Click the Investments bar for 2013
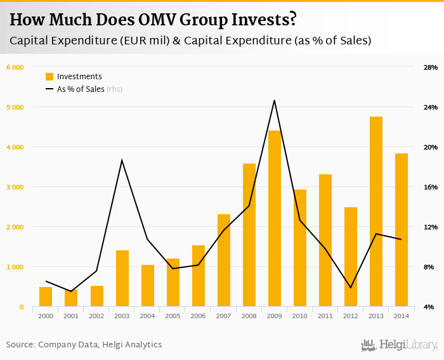pos(376,212)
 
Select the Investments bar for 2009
pos(274,219)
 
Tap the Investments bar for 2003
pos(122,279)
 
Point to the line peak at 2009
pos(274,100)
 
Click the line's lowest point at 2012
pos(351,288)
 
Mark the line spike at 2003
pos(122,160)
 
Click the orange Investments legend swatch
pos(49,77)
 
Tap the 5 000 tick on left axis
pos(15,107)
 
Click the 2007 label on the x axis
pos(223,315)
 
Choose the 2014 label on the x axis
pos(402,315)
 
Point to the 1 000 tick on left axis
pos(15,267)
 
